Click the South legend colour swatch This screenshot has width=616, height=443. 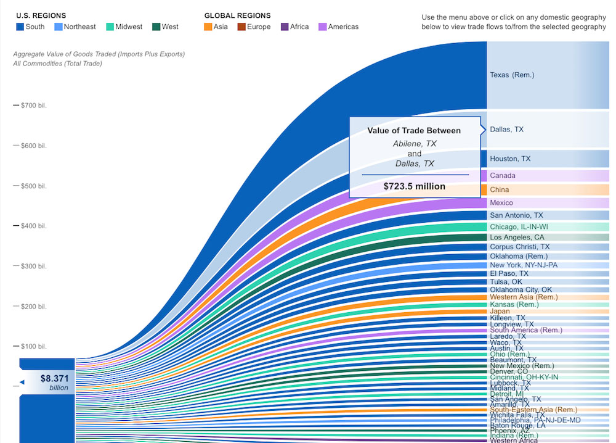coord(20,27)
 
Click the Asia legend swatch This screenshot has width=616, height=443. coord(208,27)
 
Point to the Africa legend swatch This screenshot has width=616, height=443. coord(285,27)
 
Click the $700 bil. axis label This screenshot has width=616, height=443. coord(33,106)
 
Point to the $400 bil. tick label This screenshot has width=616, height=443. coord(33,226)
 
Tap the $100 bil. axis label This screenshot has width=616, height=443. coord(33,346)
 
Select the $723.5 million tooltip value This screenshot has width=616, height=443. coord(414,186)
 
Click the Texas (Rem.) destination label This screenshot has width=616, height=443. coord(512,75)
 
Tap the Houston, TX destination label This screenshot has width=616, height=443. coord(510,159)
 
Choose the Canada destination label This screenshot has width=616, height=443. coord(503,176)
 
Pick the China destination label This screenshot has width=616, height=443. coord(500,189)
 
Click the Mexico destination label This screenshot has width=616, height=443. coord(501,203)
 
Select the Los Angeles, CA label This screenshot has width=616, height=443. coord(517,238)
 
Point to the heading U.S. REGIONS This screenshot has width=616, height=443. coord(41,15)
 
